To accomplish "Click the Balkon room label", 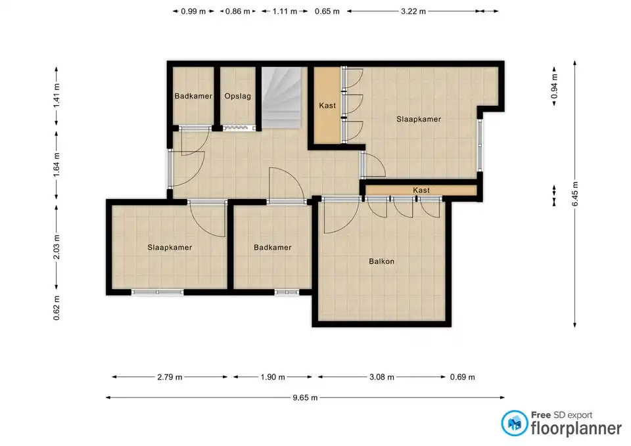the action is (381, 261).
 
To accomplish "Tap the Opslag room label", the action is (237, 96).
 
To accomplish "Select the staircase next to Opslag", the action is (281, 98).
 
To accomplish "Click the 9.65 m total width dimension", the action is (305, 398).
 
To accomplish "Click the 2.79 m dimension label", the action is (170, 377).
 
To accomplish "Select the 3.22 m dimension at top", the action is (413, 11).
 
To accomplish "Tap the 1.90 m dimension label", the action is (272, 377).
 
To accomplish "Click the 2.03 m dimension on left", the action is (57, 247).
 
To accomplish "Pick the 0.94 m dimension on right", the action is (554, 86).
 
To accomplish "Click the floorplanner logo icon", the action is (514, 423).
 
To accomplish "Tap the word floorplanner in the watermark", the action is (576, 428).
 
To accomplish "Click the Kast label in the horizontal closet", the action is (421, 190).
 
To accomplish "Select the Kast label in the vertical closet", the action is (327, 105).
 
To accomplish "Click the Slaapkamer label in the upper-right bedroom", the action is (419, 119).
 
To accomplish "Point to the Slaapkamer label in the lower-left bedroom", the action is (170, 248).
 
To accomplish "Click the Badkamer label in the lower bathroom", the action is (272, 248).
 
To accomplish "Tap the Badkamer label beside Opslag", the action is (193, 96).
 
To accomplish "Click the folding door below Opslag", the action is (239, 128).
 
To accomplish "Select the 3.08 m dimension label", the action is (381, 377).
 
